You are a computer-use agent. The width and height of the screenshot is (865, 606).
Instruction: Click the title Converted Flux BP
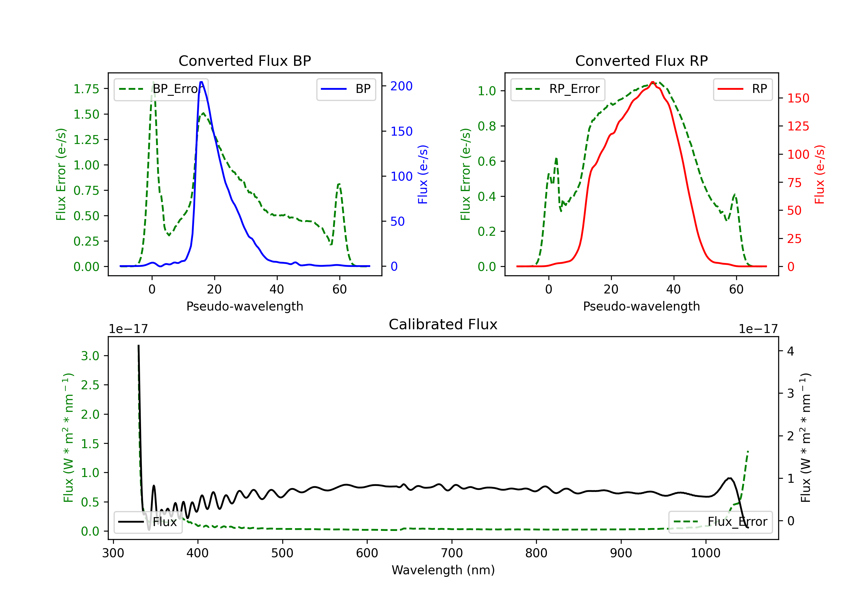[x=245, y=61]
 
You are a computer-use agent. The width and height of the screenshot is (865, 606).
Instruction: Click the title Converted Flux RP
[x=641, y=61]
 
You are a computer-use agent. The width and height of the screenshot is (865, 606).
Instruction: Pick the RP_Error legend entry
[x=558, y=89]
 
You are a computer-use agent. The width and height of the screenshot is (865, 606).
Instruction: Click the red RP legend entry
[x=742, y=89]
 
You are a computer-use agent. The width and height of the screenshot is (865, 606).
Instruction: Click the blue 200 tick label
[x=401, y=86]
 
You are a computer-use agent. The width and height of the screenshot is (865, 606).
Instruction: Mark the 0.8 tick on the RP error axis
[x=487, y=126]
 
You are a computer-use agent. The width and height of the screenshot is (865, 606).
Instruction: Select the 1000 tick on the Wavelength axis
[x=705, y=553]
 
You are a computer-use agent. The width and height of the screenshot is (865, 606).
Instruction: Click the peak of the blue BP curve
[x=201, y=82]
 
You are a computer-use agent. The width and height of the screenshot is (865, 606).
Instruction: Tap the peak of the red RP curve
[x=652, y=82]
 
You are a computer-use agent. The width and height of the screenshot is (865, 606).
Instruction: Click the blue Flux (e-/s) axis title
[x=423, y=174]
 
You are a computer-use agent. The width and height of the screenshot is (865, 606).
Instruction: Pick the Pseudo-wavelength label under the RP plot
[x=641, y=306]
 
